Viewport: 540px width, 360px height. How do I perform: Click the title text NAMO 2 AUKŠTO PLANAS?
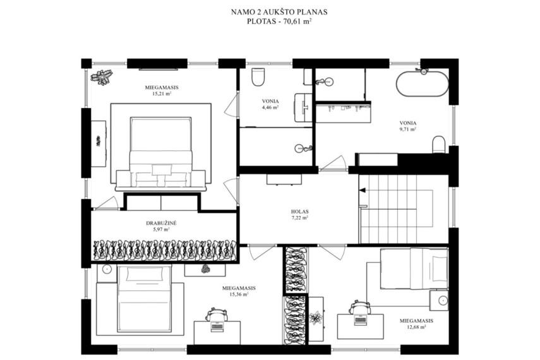tap(279, 12)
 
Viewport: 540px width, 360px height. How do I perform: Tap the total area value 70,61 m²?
tap(294, 21)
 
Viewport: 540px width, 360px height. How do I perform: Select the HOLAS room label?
tap(299, 212)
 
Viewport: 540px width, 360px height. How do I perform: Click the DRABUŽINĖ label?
tap(161, 223)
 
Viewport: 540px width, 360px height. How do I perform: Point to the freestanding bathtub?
tap(423, 84)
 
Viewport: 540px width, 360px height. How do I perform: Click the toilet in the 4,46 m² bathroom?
tap(258, 77)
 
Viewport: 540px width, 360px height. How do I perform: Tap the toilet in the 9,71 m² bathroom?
tap(439, 145)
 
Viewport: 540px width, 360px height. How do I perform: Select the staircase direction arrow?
tap(362, 190)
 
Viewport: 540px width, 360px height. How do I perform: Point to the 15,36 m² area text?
tap(239, 294)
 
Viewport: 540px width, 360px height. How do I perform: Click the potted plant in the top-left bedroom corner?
tap(102, 76)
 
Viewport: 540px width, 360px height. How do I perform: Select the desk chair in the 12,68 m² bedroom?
tap(359, 308)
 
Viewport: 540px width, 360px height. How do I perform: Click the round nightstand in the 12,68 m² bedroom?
tap(439, 300)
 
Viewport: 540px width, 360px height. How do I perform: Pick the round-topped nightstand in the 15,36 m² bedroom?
tap(107, 270)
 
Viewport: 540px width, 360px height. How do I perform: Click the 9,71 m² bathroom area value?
tap(408, 129)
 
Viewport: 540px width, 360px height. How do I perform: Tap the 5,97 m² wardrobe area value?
tap(161, 229)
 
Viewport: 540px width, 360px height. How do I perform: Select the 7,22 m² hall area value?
tap(299, 218)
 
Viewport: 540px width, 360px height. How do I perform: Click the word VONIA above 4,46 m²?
tap(270, 101)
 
